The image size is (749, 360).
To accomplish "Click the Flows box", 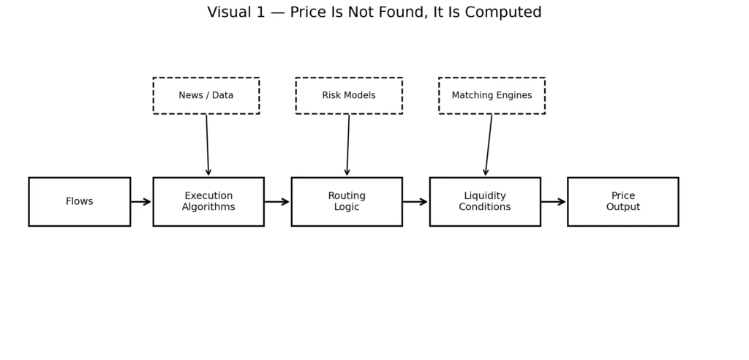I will coord(79,201).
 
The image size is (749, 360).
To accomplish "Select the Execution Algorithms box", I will coord(208,201).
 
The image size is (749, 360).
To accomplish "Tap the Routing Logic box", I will coord(347,201).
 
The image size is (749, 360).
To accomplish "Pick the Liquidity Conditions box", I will coord(485,201).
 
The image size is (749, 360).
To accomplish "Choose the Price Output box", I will coord(622,201).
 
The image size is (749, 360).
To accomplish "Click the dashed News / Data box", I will coord(206,96).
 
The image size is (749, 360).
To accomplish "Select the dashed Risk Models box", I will coord(349,96).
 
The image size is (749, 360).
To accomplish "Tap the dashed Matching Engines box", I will coord(492,96).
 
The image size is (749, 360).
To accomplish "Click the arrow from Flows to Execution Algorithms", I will coord(141,202).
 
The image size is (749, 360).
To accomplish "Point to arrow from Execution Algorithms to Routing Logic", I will coord(277,202).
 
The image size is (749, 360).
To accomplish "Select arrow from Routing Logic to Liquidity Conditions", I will coord(415,202).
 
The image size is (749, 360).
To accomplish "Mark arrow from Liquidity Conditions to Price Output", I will coord(554,202).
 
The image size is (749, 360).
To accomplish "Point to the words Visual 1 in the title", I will coord(236,13).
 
